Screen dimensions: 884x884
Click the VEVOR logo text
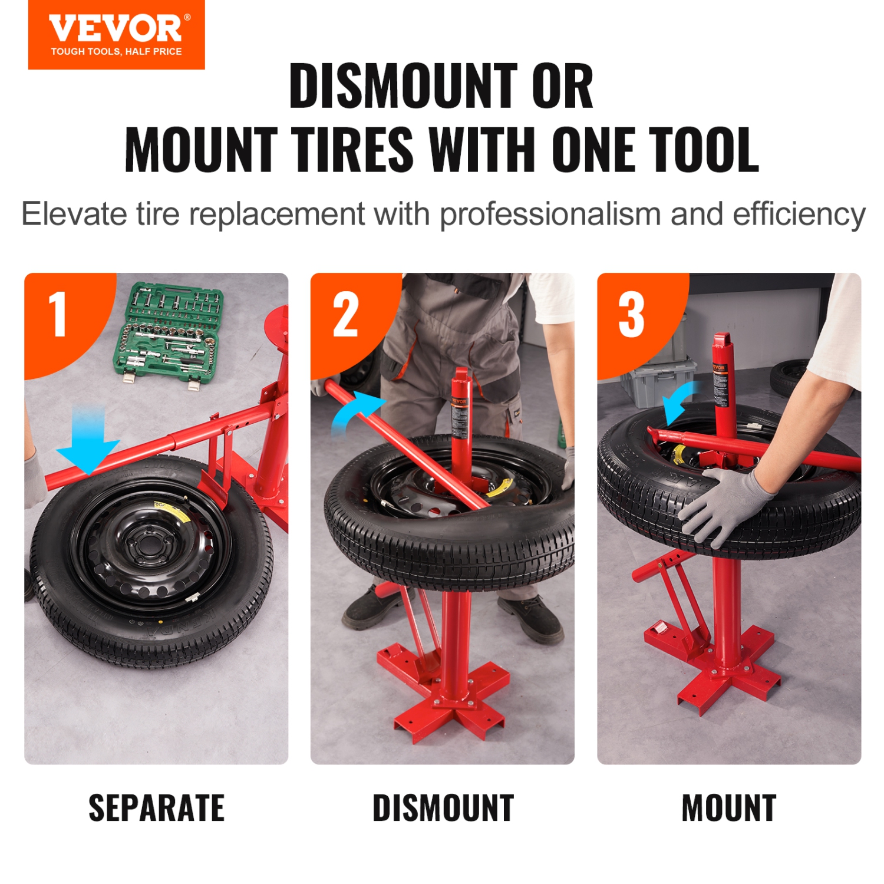tap(116, 28)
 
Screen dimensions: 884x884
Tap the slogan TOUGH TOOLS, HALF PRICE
tap(116, 52)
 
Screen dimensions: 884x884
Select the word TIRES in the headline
tap(355, 150)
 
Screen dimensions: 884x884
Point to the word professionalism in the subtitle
tap(550, 214)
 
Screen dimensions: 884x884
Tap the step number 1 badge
tap(58, 315)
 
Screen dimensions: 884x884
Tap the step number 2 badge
tap(345, 315)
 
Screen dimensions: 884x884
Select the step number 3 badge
tap(631, 315)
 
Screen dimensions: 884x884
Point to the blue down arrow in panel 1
tap(88, 442)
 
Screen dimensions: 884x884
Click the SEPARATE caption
tap(156, 808)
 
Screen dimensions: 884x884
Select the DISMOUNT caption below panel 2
tap(443, 808)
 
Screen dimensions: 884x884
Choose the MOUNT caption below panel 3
tap(729, 808)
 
